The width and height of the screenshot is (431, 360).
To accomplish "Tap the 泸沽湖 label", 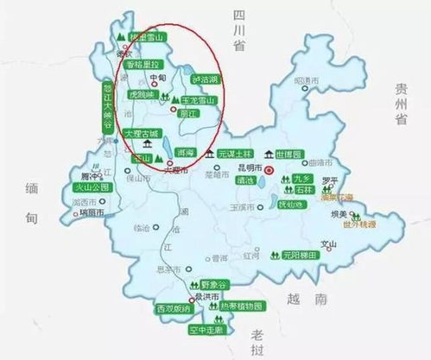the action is [x=206, y=79].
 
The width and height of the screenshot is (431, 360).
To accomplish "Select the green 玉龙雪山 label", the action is [x=201, y=100].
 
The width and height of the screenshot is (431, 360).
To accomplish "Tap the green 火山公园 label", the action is [x=90, y=186].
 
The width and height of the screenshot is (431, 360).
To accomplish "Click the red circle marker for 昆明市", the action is [x=269, y=171].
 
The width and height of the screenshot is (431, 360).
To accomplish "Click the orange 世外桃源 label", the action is [x=358, y=226].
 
